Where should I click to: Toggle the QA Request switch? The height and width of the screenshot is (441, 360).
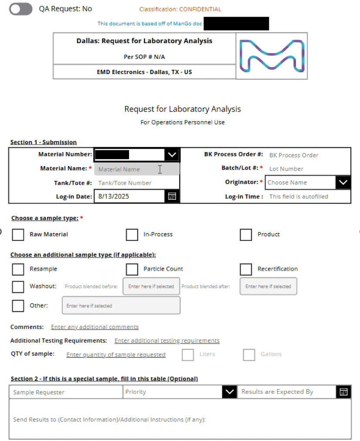(x=21, y=9)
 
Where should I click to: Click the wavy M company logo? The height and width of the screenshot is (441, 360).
(x=271, y=56)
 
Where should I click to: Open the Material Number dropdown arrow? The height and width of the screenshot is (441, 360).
(x=172, y=155)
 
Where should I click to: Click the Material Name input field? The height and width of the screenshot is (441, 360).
(x=136, y=169)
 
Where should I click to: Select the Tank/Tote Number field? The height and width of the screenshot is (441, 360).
(x=136, y=183)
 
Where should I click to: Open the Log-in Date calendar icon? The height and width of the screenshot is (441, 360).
(x=172, y=197)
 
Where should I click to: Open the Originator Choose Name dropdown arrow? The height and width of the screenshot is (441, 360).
(x=343, y=183)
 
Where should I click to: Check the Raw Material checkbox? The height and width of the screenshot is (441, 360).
(x=18, y=234)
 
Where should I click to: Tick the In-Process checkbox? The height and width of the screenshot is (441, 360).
(x=132, y=234)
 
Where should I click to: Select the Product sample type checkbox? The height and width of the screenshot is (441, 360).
(x=246, y=234)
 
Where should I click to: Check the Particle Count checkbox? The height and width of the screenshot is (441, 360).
(x=132, y=269)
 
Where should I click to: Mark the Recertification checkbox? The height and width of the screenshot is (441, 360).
(x=246, y=269)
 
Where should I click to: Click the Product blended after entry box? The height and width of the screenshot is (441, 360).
(x=268, y=286)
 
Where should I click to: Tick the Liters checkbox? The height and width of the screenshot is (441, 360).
(x=188, y=355)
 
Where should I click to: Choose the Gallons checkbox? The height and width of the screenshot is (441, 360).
(x=249, y=355)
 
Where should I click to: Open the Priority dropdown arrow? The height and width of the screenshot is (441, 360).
(x=229, y=392)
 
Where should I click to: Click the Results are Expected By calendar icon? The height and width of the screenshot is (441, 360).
(x=343, y=392)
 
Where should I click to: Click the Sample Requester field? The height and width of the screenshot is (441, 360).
(x=65, y=392)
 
